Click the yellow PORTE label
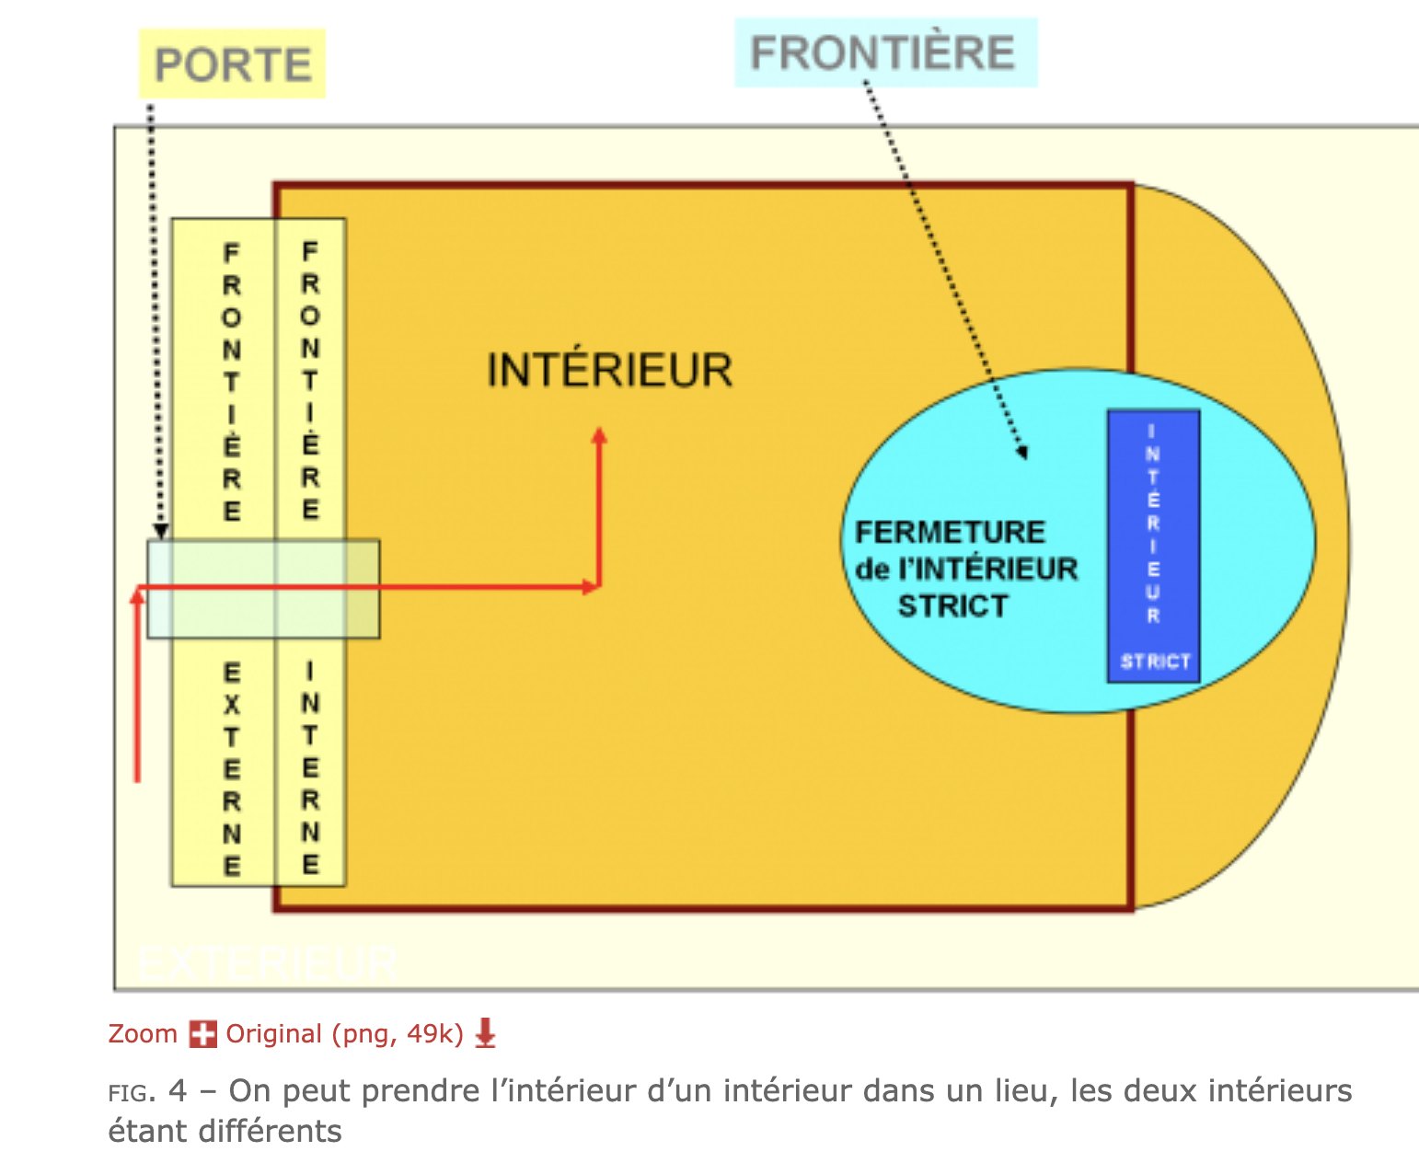(232, 64)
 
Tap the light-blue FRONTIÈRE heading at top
(883, 52)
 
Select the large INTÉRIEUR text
(609, 371)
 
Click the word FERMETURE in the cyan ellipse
(950, 532)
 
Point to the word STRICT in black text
(952, 606)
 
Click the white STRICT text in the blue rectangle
(1155, 662)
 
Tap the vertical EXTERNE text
(232, 768)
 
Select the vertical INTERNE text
(311, 768)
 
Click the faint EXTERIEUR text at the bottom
(267, 963)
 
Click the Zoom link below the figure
(143, 1034)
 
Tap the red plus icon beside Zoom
(202, 1034)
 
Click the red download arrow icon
(485, 1034)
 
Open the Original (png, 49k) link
(344, 1034)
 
